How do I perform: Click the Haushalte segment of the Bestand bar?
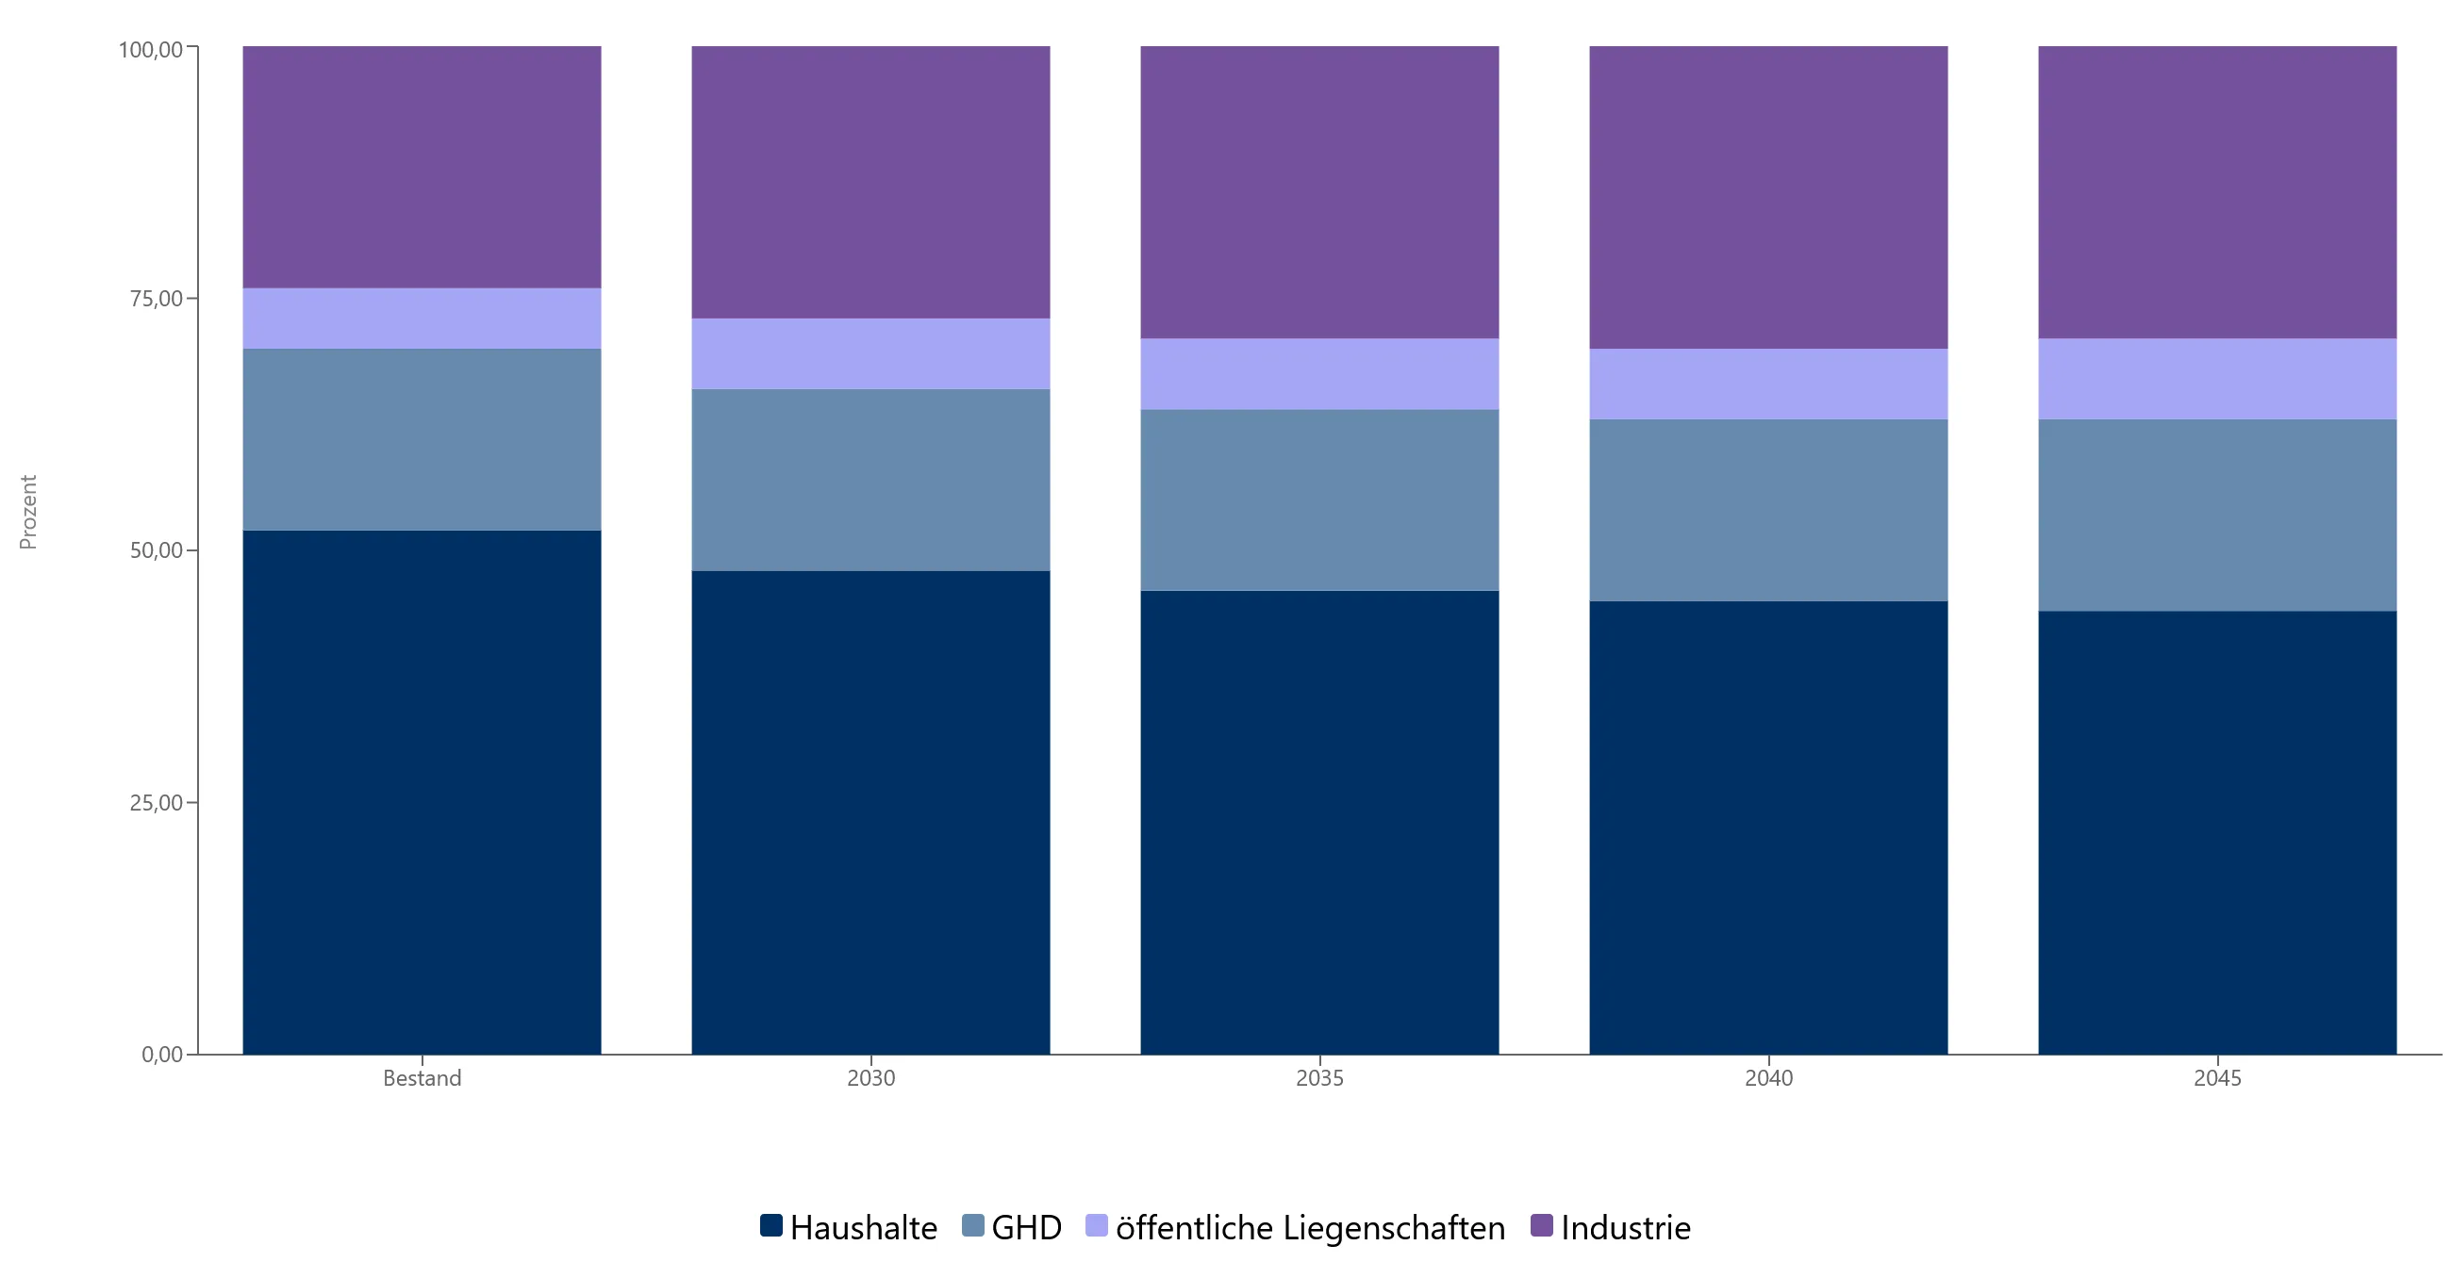click(422, 792)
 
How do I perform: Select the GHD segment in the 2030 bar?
click(871, 480)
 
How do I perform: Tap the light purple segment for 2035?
click(1319, 374)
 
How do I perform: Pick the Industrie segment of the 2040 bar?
click(1768, 197)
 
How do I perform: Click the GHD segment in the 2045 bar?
click(2217, 515)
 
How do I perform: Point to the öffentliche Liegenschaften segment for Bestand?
click(422, 318)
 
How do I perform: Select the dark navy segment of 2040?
click(1768, 827)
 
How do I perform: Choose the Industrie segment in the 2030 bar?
click(871, 182)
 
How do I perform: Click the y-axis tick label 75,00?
click(157, 299)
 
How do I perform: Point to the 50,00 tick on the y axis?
click(157, 550)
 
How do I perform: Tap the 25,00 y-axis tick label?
click(157, 802)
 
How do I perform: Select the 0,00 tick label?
click(162, 1055)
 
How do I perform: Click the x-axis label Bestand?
click(422, 1078)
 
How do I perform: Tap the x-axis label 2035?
click(1319, 1078)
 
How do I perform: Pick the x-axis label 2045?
click(2217, 1078)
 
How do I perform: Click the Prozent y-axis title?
click(28, 512)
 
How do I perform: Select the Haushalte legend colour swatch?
click(771, 1225)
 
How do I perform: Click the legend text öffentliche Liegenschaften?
click(1310, 1227)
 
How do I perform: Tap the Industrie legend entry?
click(1611, 1227)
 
